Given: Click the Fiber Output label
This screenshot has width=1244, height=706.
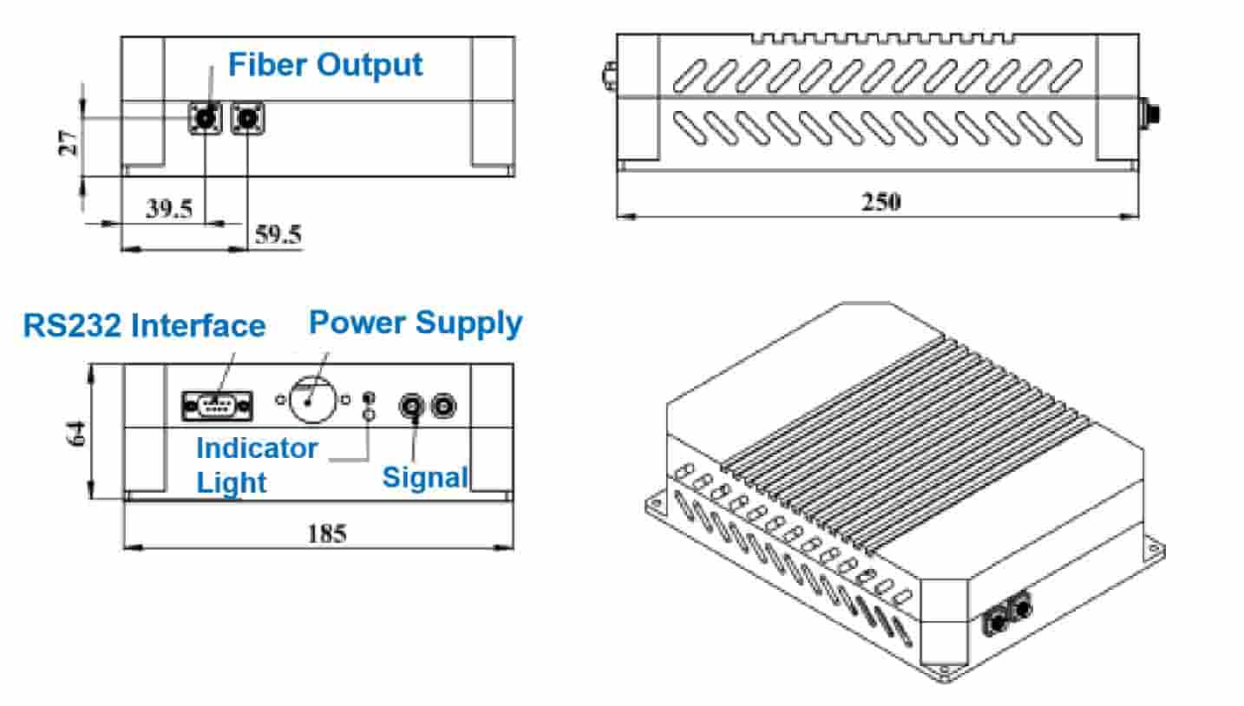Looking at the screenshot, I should [325, 64].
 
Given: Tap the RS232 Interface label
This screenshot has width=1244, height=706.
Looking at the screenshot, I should [144, 325].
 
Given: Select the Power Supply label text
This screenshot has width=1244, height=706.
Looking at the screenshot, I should [416, 323].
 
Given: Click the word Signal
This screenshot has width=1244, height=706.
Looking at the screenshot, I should [425, 476].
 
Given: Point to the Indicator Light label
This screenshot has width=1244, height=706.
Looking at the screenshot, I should [256, 465].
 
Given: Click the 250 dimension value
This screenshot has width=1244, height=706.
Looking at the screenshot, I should [881, 201].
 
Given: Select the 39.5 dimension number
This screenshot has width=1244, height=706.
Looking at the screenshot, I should [168, 209].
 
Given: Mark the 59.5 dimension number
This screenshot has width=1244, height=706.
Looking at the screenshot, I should [278, 234].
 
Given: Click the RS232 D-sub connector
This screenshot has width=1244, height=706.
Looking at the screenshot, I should [218, 405].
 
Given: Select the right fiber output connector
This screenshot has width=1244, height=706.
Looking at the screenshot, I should [249, 117].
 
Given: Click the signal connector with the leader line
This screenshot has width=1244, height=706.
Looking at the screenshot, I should [412, 404].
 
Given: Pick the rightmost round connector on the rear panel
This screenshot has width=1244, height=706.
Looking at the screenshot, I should [445, 404].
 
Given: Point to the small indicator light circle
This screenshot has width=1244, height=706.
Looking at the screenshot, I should [368, 415].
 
